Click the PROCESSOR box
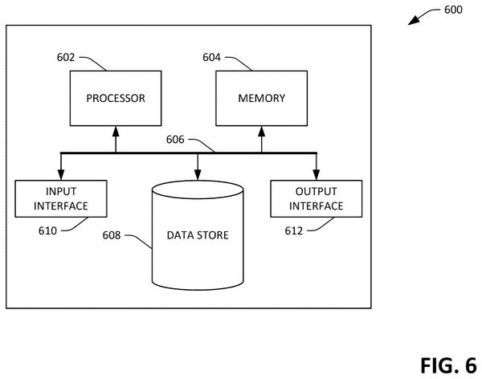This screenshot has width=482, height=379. click(116, 98)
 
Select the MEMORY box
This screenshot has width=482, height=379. click(262, 98)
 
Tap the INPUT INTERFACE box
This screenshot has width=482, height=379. click(61, 198)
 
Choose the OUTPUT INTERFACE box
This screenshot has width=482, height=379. click(317, 198)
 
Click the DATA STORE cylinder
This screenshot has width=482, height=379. click(198, 235)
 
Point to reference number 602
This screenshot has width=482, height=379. click(66, 58)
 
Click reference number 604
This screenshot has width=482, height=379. click(211, 58)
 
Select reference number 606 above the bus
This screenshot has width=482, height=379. click(175, 140)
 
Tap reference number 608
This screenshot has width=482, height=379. click(112, 235)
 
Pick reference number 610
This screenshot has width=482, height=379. click(47, 230)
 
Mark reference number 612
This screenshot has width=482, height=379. click(294, 230)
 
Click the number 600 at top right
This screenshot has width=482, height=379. click(453, 10)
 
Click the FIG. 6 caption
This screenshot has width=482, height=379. click(448, 365)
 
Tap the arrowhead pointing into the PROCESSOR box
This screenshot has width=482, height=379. click(116, 131)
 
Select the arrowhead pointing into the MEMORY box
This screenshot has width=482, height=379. click(262, 131)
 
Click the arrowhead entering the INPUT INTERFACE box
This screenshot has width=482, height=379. click(61, 175)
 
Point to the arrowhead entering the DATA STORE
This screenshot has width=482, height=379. click(198, 175)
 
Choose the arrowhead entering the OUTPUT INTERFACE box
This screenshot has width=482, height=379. click(317, 175)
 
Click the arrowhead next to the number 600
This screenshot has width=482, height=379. click(414, 21)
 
